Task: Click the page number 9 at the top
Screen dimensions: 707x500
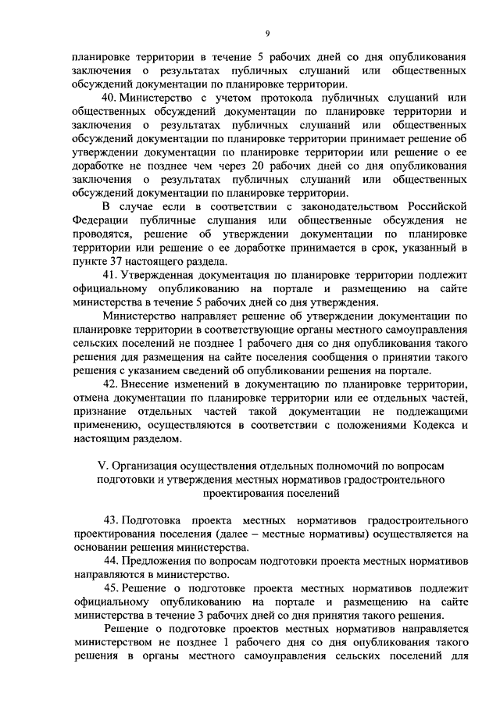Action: [266, 33]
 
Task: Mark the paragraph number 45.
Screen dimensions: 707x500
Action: [110, 587]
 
